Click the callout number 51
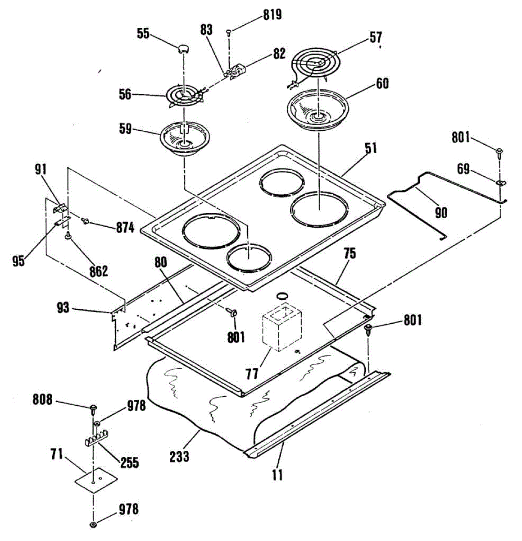click(x=371, y=148)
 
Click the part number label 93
click(x=63, y=308)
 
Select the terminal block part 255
click(x=95, y=440)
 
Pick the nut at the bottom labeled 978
click(x=93, y=524)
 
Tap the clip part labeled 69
click(x=500, y=183)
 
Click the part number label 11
click(x=277, y=474)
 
